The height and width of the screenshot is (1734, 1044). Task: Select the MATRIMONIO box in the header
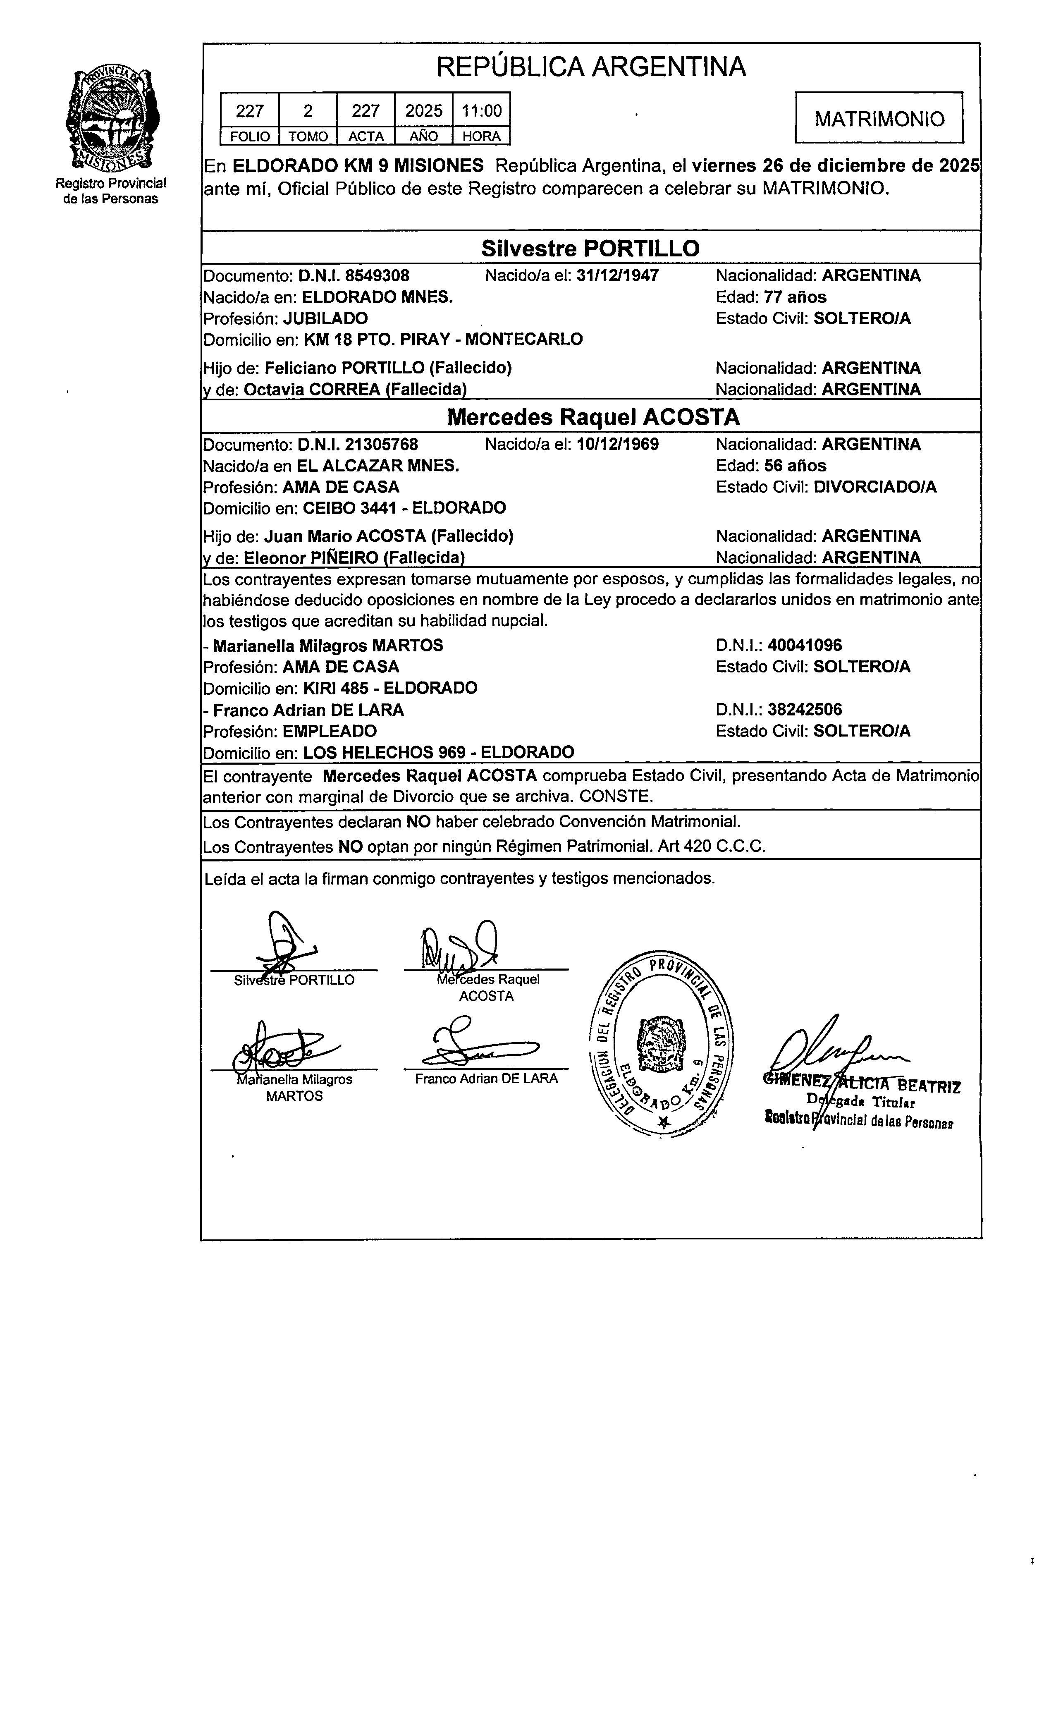[879, 118]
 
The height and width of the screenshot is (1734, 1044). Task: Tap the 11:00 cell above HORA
[481, 110]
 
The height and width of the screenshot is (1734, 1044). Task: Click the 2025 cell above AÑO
[423, 110]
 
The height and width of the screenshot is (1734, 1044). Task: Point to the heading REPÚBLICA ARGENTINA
[591, 67]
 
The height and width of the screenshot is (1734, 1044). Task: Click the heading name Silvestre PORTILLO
[590, 248]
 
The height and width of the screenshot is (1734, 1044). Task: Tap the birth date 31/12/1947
[617, 275]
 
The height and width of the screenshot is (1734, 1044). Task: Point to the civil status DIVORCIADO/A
[874, 487]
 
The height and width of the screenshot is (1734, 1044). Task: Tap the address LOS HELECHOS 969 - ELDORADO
[438, 752]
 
